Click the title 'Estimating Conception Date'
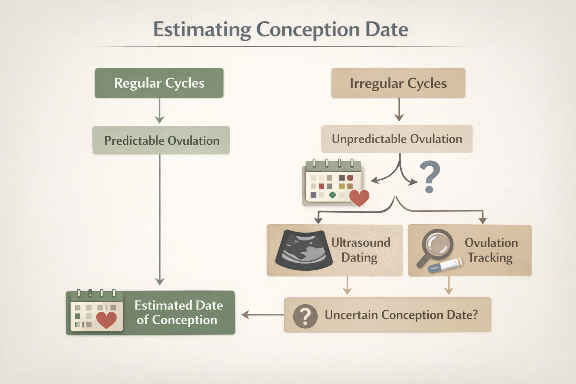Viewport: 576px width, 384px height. point(280,30)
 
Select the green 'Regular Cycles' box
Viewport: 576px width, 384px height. point(159,83)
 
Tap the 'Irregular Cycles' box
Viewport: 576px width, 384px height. point(398,83)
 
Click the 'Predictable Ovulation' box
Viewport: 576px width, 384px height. point(161,141)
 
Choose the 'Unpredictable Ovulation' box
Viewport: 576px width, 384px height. point(397,139)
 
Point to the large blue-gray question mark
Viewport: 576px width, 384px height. point(430,177)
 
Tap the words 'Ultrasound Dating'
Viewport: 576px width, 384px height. point(360,250)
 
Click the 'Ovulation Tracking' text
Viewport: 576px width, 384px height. point(491,250)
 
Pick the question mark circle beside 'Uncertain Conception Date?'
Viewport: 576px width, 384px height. point(305,316)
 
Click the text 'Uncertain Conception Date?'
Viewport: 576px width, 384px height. point(401,315)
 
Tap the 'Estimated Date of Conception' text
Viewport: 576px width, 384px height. point(178,312)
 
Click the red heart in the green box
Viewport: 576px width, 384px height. point(106,319)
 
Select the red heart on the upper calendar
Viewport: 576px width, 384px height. point(359,197)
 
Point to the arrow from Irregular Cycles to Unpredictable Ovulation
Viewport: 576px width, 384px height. point(399,110)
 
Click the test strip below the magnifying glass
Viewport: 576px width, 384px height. point(445,265)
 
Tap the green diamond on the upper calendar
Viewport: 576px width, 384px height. point(332,195)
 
